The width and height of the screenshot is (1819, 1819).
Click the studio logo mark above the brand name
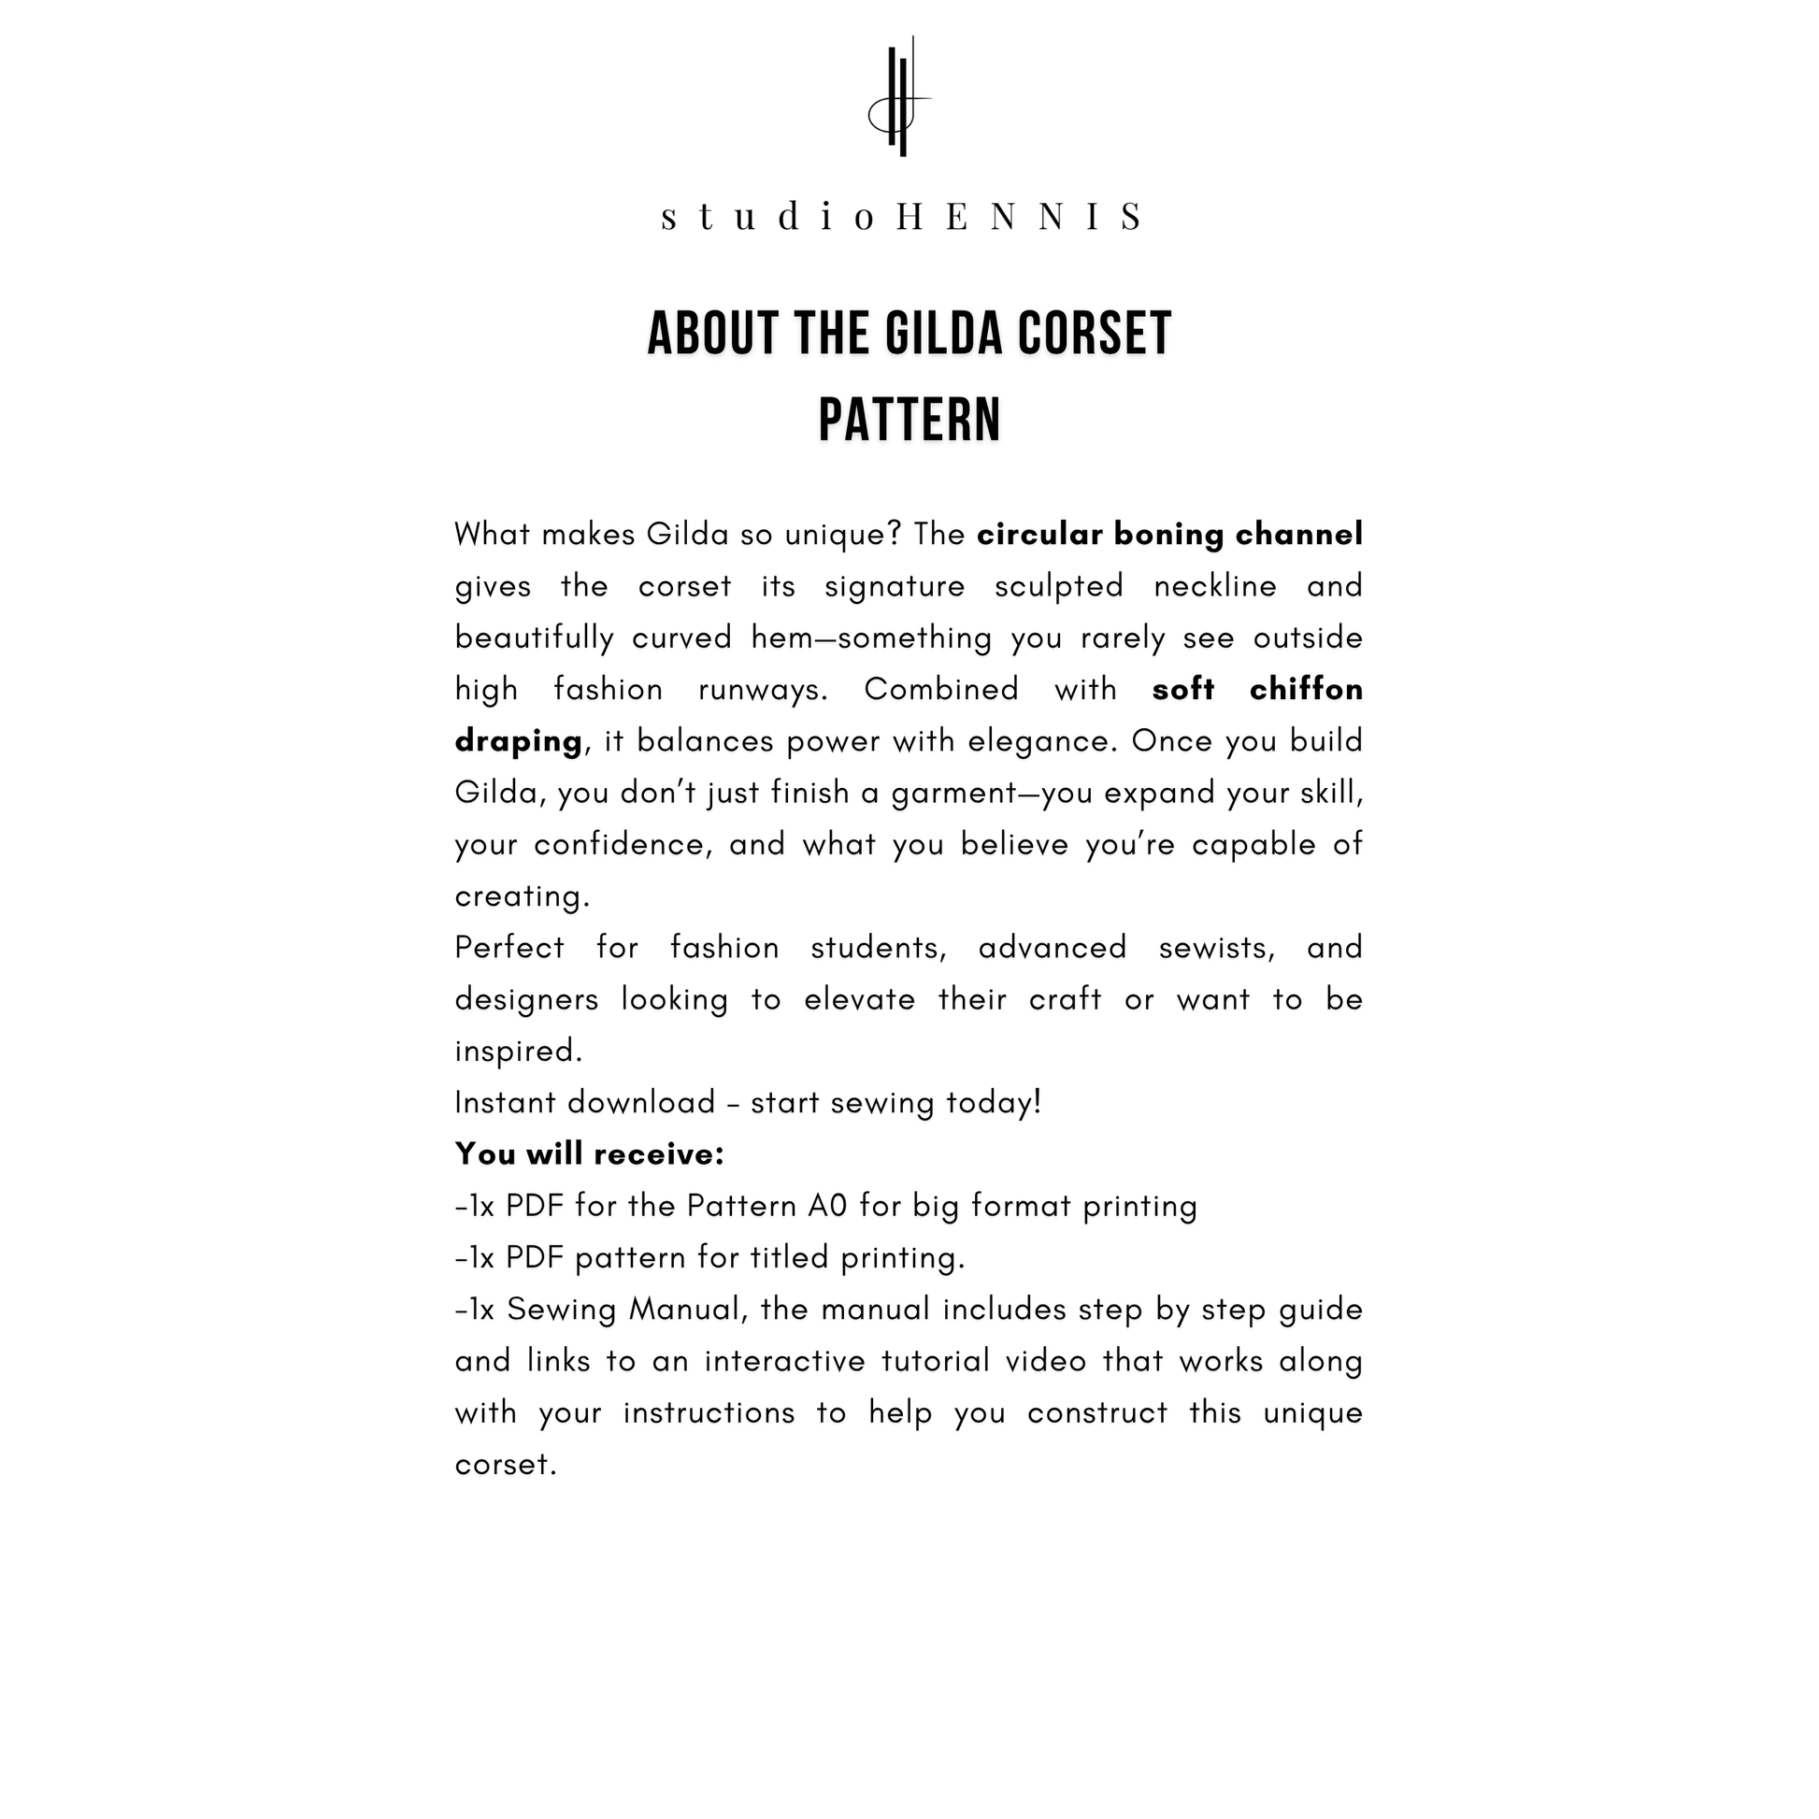[x=900, y=98]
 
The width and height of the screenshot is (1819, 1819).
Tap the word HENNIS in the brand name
[x=1020, y=217]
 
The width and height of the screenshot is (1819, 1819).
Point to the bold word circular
[x=1039, y=535]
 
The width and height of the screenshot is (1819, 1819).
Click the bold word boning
[x=1168, y=535]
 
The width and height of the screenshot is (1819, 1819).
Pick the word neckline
[x=1214, y=587]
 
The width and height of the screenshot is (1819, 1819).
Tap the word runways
[x=763, y=690]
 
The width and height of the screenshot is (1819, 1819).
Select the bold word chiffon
[x=1306, y=690]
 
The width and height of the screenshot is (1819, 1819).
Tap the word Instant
[x=506, y=1102]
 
